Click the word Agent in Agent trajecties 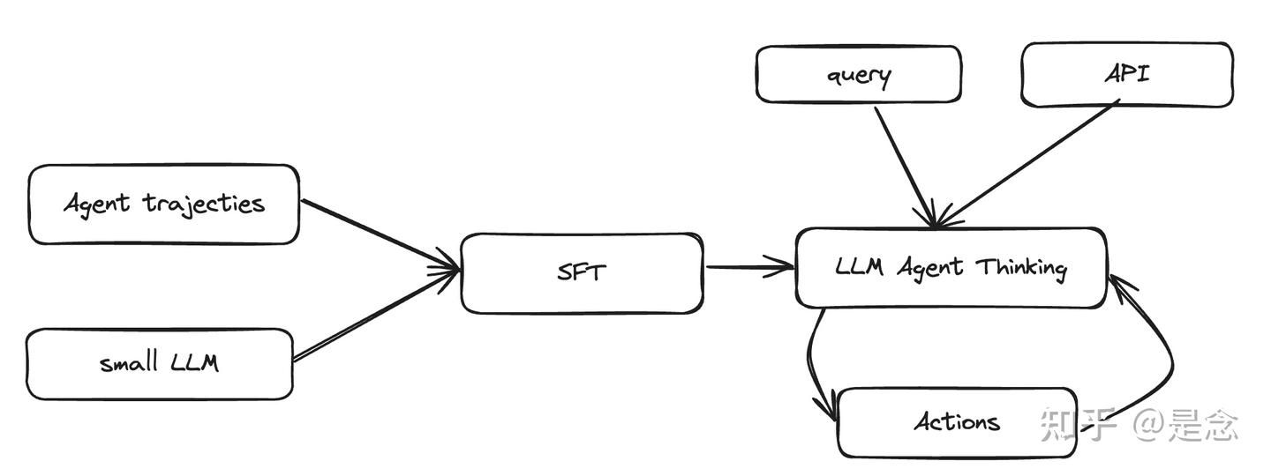[97, 205]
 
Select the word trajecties [204, 205]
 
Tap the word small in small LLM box [128, 361]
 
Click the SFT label [582, 272]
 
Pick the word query [859, 77]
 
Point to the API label [1127, 74]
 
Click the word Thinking [1021, 268]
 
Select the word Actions [957, 422]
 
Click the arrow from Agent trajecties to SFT [380, 234]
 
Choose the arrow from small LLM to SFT [376, 315]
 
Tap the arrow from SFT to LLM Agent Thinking [749, 267]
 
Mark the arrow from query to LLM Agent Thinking [905, 167]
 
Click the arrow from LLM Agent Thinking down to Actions [809, 362]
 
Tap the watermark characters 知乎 [1077, 425]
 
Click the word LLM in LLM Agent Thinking [859, 266]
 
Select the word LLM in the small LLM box [194, 362]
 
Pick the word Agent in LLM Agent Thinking [930, 267]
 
